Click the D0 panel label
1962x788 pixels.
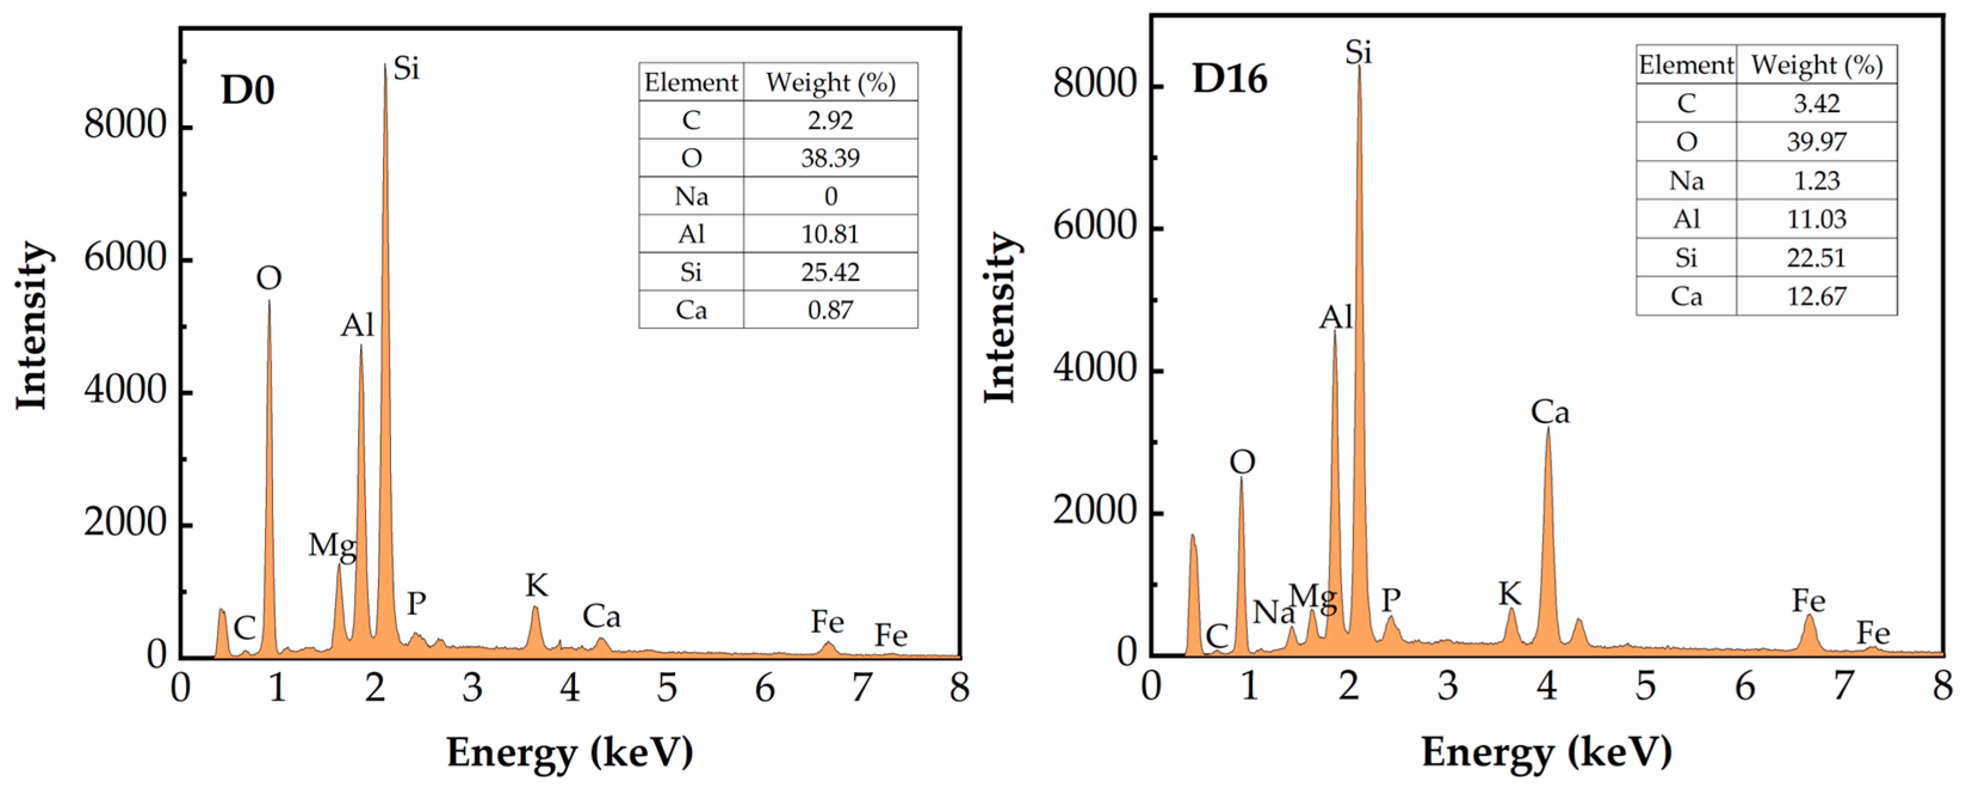coord(247,91)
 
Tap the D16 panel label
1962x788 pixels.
coord(1229,79)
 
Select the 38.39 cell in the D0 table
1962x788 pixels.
coord(830,158)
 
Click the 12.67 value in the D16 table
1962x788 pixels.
coord(1816,295)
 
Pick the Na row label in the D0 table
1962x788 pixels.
coord(691,196)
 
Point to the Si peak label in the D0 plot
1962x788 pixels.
coord(406,69)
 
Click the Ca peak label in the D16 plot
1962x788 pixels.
coord(1550,413)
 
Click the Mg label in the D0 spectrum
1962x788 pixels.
coord(332,546)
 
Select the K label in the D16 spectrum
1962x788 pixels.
coord(1509,593)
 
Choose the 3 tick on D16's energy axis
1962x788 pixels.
coord(1447,687)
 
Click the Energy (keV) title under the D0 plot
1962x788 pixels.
coord(570,753)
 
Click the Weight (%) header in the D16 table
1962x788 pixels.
coord(1816,65)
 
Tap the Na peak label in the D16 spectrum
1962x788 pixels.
coord(1273,612)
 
